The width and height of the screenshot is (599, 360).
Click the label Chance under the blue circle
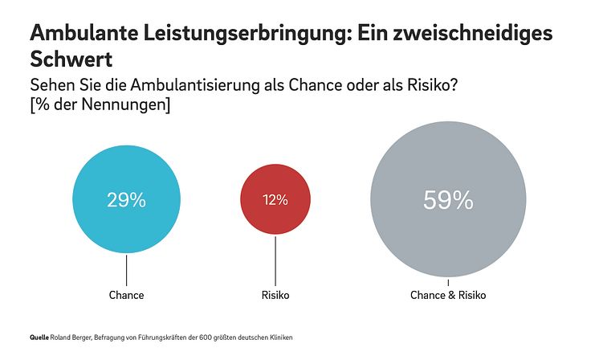pos(126,295)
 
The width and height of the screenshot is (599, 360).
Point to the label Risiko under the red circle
pos(275,295)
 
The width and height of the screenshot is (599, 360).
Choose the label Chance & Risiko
pos(448,295)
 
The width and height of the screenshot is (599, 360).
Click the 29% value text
pos(126,201)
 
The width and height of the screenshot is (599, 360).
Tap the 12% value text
pos(275,201)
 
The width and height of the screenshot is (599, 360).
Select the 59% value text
pos(448,200)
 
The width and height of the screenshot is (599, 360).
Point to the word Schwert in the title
pos(69,59)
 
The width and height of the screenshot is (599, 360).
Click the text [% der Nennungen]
pos(100,105)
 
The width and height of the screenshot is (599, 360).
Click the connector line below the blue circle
pos(126,269)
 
